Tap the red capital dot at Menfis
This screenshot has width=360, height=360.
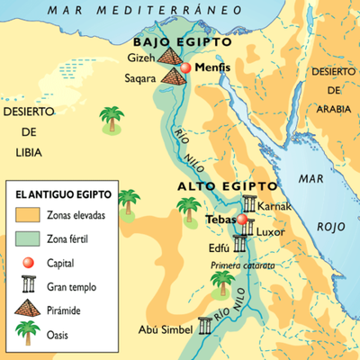pos(185,68)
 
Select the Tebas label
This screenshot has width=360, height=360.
pos(220,219)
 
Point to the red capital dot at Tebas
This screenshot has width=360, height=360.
pos(240,219)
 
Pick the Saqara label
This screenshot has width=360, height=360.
pos(139,78)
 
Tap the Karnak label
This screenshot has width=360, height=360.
pos(274,206)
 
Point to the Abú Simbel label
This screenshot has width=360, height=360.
pos(163,330)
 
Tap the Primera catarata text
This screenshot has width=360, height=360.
pos(243,265)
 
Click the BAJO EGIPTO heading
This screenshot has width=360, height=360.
pos(181,42)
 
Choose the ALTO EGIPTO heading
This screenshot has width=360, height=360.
pos(215,185)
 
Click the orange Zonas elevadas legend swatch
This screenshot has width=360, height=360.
pos(26,216)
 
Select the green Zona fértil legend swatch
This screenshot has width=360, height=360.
pos(26,239)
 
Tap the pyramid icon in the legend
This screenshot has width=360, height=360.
pos(26,310)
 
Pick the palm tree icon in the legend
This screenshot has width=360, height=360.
pos(26,335)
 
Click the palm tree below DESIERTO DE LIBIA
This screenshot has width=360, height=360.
pos(112,118)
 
